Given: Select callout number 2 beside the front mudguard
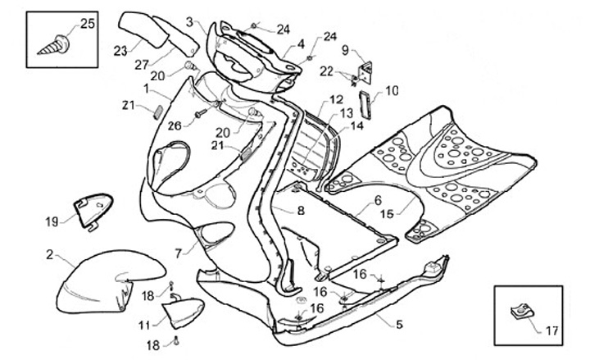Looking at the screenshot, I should (50, 255).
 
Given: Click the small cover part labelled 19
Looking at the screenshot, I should (93, 209).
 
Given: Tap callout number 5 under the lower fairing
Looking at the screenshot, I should (398, 325).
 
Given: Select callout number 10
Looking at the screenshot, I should (392, 89).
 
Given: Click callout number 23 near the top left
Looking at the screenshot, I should (120, 51).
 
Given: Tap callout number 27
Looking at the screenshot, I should (141, 65).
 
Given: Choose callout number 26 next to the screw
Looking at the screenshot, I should (173, 125).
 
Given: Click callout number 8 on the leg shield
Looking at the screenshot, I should (301, 211).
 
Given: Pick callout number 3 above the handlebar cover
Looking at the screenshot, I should (190, 21).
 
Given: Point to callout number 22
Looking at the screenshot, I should (326, 71).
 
